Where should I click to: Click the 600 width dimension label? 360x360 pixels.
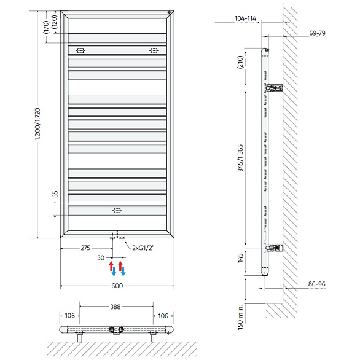(117, 286)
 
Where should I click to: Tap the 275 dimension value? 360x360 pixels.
(85, 248)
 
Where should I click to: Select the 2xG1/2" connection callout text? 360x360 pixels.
(143, 248)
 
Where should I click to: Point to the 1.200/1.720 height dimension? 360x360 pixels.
(37, 124)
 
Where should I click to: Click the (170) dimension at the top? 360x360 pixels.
(46, 27)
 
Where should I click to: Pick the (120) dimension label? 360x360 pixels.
(55, 22)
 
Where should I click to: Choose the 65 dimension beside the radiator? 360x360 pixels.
(55, 194)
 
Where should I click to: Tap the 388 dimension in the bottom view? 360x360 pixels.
(115, 307)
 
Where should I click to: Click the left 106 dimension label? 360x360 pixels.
(70, 316)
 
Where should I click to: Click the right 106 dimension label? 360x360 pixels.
(163, 316)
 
